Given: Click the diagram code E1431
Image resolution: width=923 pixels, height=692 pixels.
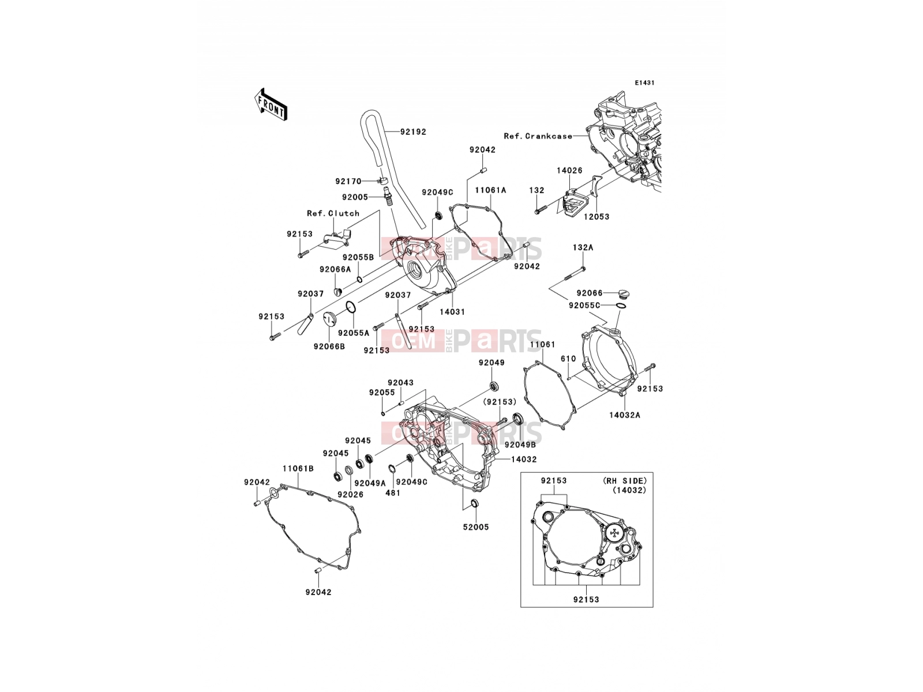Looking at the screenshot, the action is pos(644,83).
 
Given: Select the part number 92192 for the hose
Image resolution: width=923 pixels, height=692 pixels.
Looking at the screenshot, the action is pos(413,132).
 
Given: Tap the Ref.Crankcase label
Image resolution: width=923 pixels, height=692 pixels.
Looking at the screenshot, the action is pos(538,136).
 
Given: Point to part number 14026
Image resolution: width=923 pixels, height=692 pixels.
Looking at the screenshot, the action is pos(569,171).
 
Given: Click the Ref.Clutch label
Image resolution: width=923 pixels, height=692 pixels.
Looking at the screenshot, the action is pos(333,213).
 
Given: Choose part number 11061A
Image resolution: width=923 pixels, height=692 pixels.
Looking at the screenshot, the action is pos(491,190).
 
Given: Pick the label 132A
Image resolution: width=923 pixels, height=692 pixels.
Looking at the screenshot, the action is pos(583,248).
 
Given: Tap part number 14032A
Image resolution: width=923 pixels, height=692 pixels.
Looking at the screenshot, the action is pos(624,415).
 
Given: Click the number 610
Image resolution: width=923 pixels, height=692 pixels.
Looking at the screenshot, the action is pos(568,359).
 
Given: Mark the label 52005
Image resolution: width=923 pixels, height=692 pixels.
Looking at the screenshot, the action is pos(476,527).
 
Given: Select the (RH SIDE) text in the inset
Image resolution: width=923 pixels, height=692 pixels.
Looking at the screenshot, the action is pos(624,481).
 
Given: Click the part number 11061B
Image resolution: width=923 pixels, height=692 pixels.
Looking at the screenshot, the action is pos(298,468).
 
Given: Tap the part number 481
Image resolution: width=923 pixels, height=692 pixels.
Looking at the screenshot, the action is pos(393,493).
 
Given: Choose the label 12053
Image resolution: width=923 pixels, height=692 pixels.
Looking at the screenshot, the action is pos(596,217).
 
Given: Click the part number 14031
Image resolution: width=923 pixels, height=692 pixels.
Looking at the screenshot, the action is pos(452,312).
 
